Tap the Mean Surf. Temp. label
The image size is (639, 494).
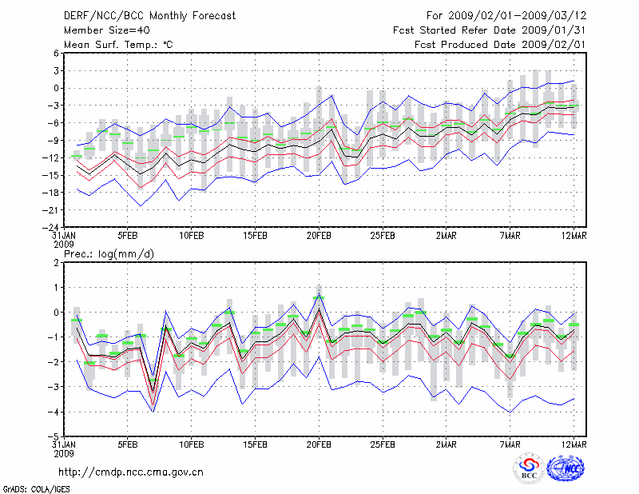pyautogui.click(x=118, y=44)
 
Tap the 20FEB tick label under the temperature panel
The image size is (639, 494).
pyautogui.click(x=319, y=235)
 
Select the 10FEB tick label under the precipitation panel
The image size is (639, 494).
pyautogui.click(x=191, y=444)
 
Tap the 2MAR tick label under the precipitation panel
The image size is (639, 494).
pyautogui.click(x=447, y=444)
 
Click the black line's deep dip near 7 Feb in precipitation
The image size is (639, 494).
pyautogui.click(x=153, y=389)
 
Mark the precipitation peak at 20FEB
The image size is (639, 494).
pyautogui.click(x=319, y=309)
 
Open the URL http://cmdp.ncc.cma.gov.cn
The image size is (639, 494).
pyautogui.click(x=131, y=472)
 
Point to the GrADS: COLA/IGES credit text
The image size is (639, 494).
pyautogui.click(x=28, y=488)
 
